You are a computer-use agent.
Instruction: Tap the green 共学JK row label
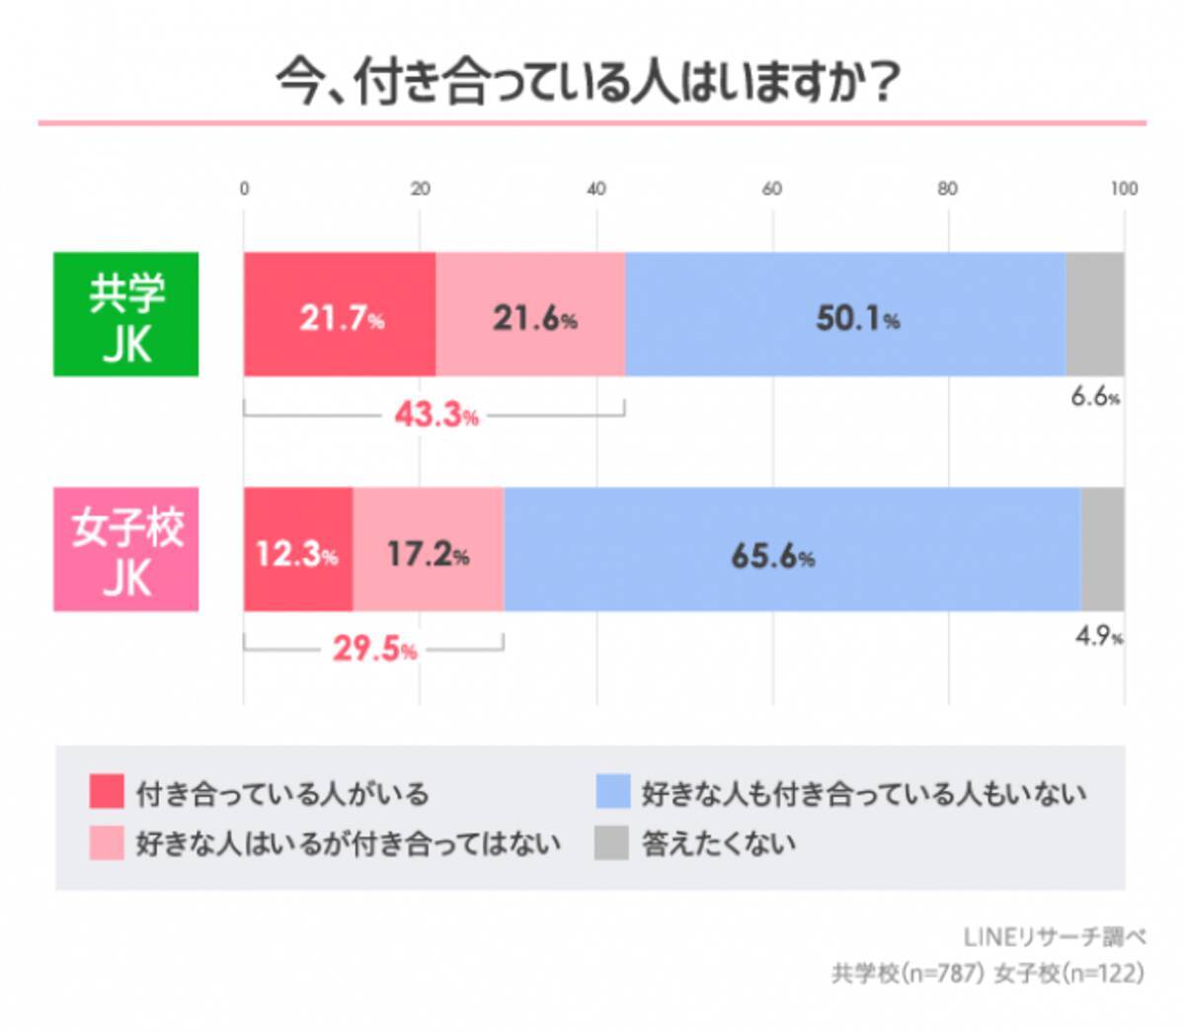[x=126, y=314]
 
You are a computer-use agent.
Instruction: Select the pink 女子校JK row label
[x=126, y=549]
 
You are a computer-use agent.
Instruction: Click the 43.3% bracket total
[x=435, y=416]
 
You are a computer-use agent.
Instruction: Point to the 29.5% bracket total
[x=373, y=651]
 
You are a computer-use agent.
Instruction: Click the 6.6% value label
[x=1094, y=398]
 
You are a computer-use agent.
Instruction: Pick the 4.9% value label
[x=1098, y=637]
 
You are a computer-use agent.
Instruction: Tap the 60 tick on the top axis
[x=772, y=189]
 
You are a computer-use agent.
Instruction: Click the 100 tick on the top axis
[x=1124, y=189]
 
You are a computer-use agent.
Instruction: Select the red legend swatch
[x=107, y=792]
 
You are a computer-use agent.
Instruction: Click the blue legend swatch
[x=612, y=792]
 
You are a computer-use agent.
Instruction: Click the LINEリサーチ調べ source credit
[x=1054, y=936]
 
